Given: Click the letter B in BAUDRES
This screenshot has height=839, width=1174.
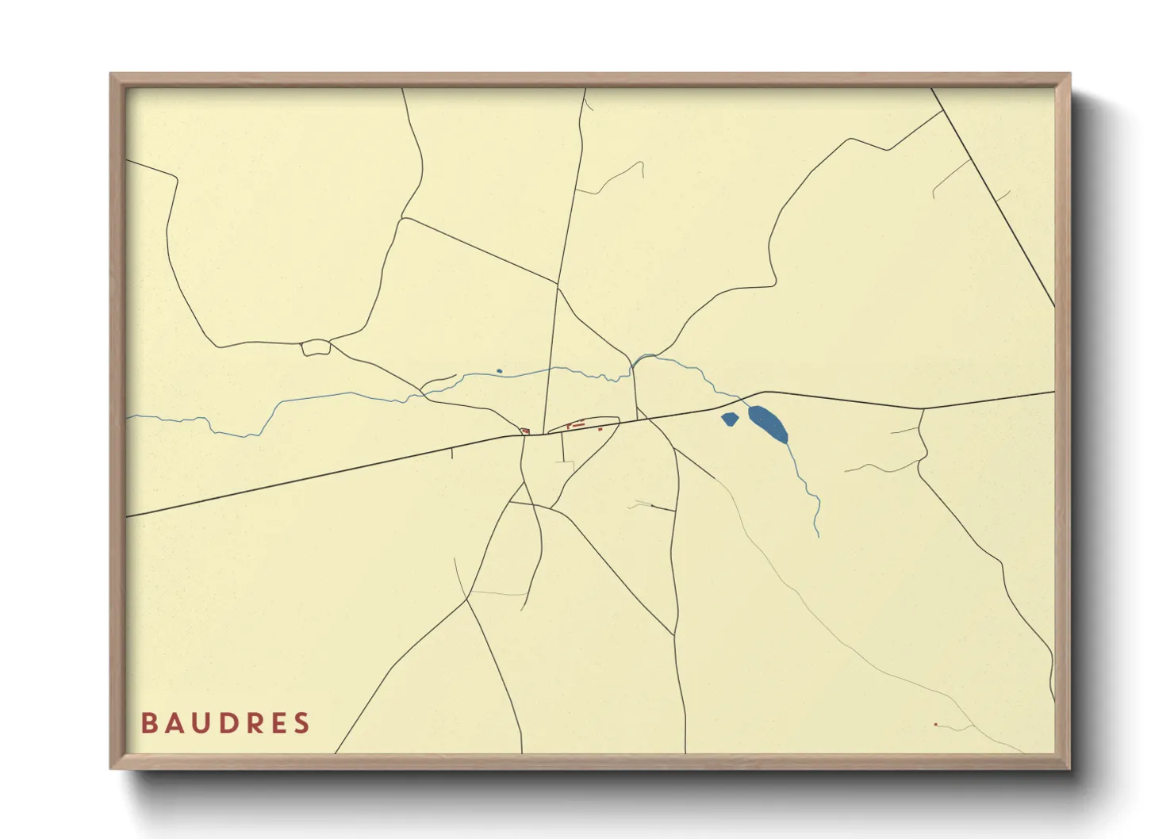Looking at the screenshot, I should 148,723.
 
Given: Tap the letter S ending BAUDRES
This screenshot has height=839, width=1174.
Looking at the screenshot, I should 301,723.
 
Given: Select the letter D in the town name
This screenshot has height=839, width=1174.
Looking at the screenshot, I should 225,723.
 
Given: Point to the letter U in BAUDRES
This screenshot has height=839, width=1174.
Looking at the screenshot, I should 200,723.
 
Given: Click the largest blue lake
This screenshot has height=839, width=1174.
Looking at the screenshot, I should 768,423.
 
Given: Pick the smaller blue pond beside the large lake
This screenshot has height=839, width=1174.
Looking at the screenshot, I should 730,419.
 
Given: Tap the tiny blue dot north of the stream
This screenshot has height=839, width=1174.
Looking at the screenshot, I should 499,371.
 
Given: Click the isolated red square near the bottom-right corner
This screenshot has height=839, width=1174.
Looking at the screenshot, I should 936,724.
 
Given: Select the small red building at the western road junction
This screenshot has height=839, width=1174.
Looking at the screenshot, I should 525,431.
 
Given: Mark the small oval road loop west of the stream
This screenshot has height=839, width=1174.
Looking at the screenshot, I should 316,347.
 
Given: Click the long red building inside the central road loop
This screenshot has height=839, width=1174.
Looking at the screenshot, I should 578,425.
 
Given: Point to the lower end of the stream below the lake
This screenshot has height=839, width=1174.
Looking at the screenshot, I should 818,534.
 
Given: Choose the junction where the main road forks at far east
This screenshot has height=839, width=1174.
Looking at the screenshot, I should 922,409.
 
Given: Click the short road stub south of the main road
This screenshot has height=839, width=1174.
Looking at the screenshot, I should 451,454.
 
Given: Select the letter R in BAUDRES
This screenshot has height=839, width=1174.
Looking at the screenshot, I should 252,723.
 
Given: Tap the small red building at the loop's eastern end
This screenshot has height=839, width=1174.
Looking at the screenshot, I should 600,429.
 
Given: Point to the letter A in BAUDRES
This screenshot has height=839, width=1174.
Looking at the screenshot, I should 174,723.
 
